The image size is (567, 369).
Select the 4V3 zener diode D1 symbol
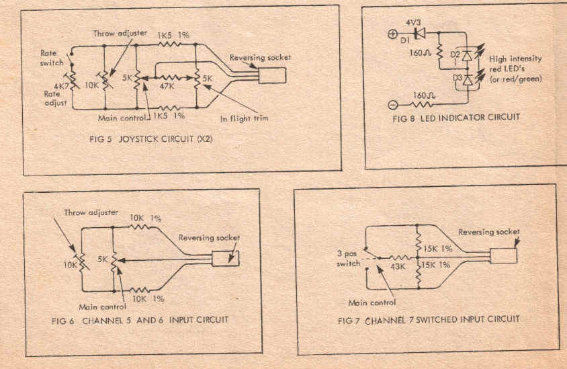(420, 32)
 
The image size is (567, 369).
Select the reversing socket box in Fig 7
(504, 255)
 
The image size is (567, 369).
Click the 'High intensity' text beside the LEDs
(516, 58)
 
